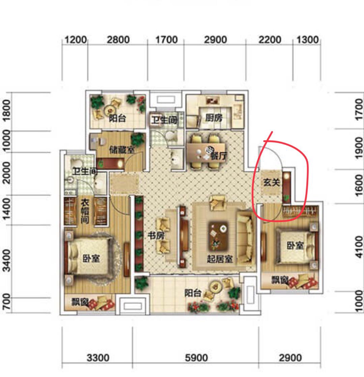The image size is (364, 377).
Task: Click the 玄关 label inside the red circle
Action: point(272,182)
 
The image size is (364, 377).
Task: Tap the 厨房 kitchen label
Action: point(214,118)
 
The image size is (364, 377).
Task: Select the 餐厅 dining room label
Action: point(219,156)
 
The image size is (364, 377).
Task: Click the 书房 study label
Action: point(157,236)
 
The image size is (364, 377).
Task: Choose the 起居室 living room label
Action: point(220,259)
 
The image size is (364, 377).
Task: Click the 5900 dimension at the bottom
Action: point(196,358)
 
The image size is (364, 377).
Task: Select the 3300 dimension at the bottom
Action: point(98,358)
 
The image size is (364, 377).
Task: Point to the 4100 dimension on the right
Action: point(359,247)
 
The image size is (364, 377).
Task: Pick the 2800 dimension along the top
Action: point(118,40)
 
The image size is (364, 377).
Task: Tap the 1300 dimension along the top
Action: point(307,40)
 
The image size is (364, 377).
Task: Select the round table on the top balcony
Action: point(110,110)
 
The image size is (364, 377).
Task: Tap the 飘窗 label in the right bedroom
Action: point(280,280)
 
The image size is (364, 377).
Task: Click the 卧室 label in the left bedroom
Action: point(91,258)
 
